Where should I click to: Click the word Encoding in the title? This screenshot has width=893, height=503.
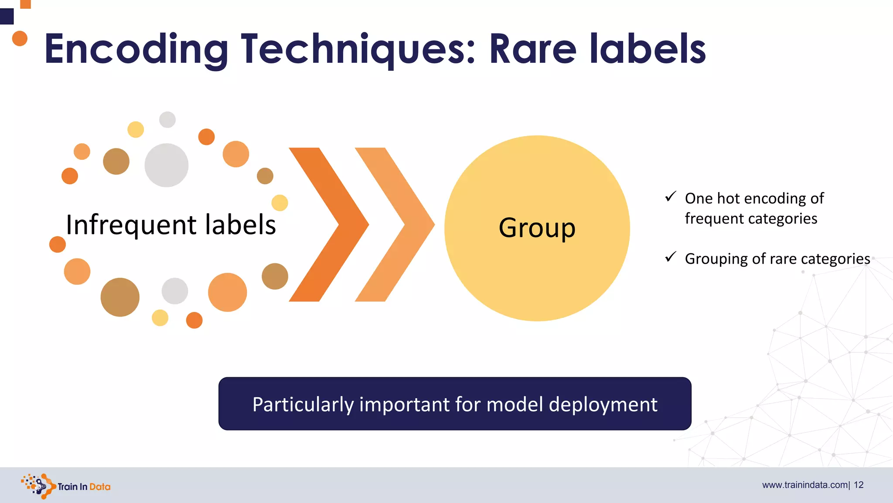pos(136,49)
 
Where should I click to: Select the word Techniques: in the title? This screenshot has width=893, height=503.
pos(358,49)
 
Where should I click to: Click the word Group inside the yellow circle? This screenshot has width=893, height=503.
pos(537,228)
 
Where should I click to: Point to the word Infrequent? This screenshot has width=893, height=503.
pos(131,225)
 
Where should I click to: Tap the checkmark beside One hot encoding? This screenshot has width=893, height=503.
pos(671,196)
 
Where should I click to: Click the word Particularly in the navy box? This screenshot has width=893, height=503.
pos(303,405)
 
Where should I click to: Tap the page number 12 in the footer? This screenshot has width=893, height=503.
pos(859,485)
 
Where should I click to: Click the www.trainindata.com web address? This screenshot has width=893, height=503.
pos(805,485)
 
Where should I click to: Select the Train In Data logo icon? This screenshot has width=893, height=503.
pos(38,486)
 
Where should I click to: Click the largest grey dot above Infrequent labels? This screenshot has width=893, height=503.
pos(166,165)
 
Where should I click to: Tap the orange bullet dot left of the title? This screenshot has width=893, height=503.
pos(20,38)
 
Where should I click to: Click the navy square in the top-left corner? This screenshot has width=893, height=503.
pos(7,17)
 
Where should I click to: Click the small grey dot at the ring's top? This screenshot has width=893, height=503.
pos(167,119)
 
